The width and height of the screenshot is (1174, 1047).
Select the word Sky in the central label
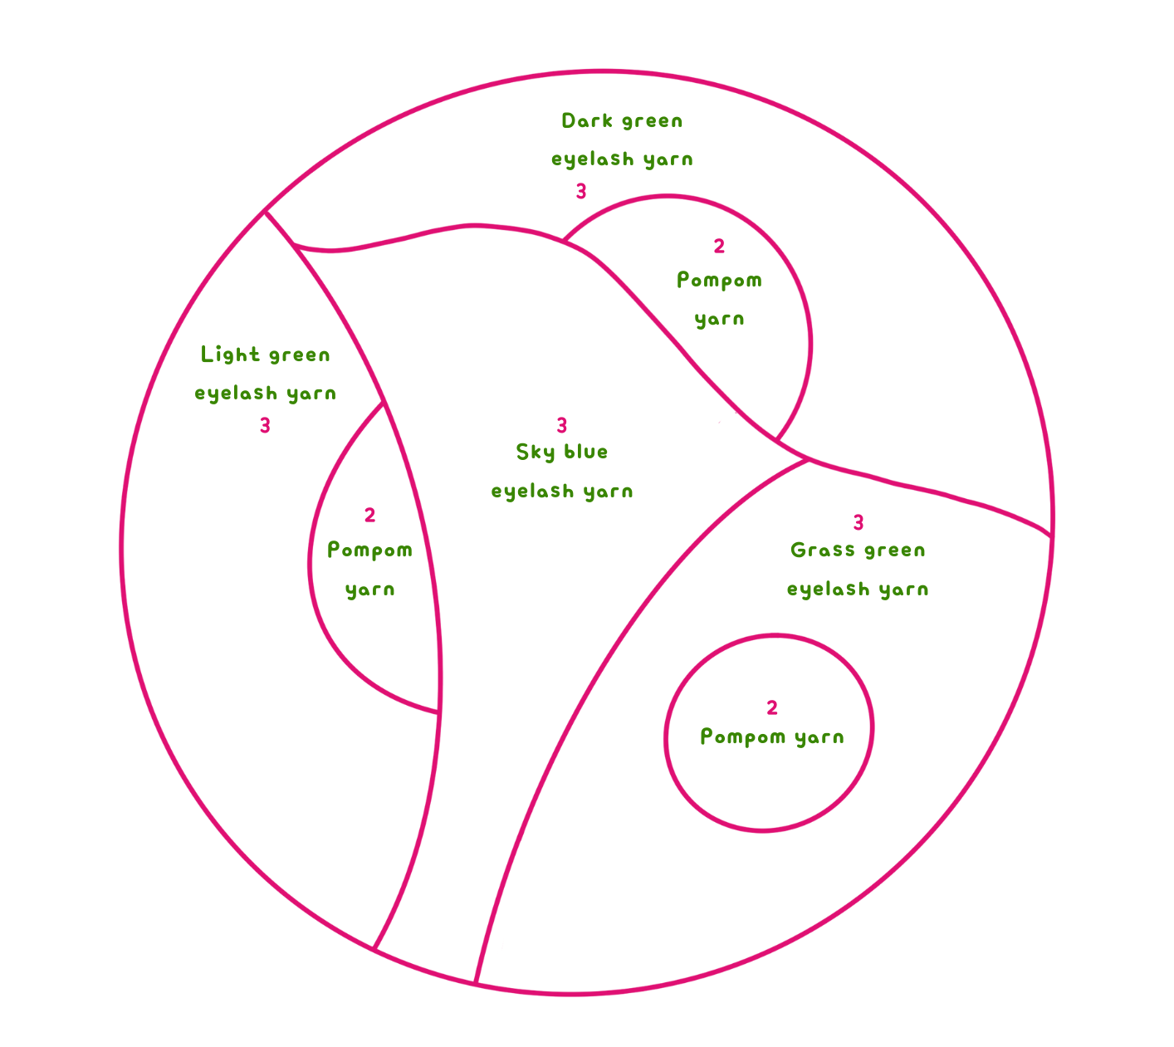tap(535, 453)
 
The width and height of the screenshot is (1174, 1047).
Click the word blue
tap(586, 452)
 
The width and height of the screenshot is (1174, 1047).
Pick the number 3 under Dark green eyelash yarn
tap(581, 192)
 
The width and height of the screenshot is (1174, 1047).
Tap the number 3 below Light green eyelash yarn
tap(265, 426)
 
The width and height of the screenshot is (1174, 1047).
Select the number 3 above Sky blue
tap(562, 425)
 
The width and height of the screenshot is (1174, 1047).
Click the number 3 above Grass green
tap(858, 523)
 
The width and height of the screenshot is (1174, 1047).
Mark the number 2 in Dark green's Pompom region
tap(719, 246)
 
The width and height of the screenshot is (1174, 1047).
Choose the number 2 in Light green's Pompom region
tap(369, 516)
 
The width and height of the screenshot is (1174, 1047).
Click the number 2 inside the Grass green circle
tap(772, 707)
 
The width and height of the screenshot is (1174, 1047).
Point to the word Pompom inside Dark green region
tap(719, 281)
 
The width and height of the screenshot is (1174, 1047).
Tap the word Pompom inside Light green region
tap(369, 550)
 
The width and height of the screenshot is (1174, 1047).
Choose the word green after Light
tap(299, 355)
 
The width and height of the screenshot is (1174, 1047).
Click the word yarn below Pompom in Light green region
tap(369, 590)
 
